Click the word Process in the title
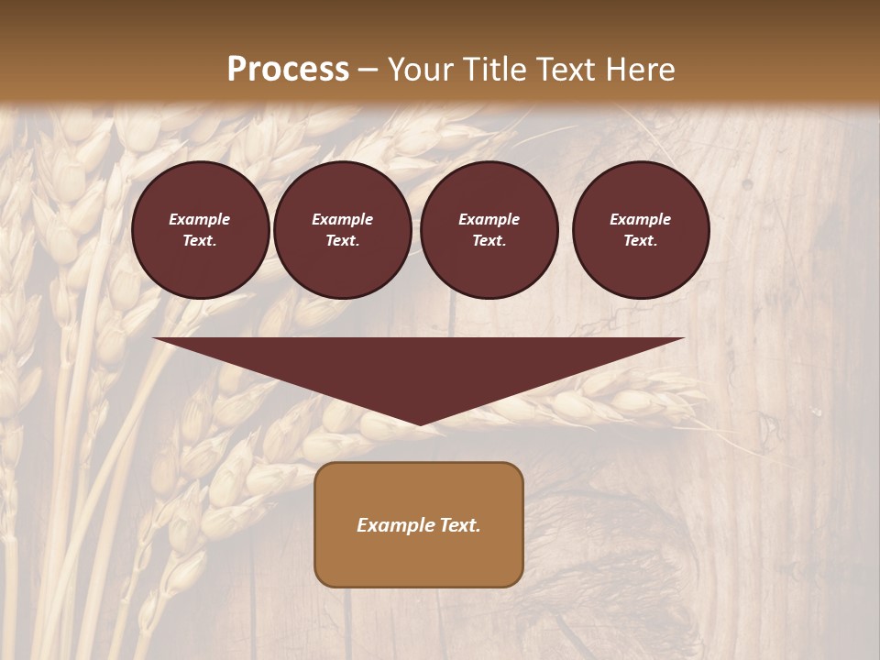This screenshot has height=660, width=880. pyautogui.click(x=288, y=70)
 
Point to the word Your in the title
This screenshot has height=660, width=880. pyautogui.click(x=423, y=70)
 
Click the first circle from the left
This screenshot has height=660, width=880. pyautogui.click(x=200, y=229)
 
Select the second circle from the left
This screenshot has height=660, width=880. pyautogui.click(x=342, y=229)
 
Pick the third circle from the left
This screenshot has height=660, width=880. pyautogui.click(x=489, y=229)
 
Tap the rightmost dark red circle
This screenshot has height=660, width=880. pyautogui.click(x=640, y=229)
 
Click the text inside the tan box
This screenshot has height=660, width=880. pyautogui.click(x=419, y=525)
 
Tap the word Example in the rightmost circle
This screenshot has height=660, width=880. pyautogui.click(x=640, y=219)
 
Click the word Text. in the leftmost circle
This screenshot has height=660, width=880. pyautogui.click(x=200, y=240)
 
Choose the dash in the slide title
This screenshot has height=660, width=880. pyautogui.click(x=368, y=71)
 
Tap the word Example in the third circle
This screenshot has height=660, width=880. pyautogui.click(x=489, y=219)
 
